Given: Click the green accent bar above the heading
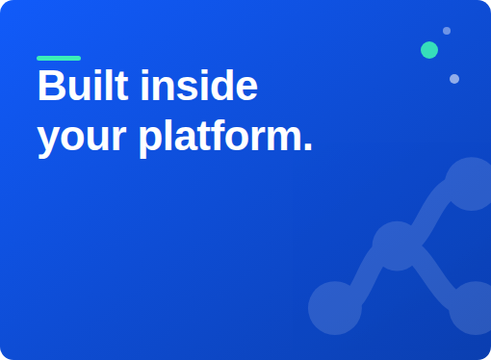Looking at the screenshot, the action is click(x=59, y=58).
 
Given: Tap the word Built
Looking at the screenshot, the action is click(x=83, y=86).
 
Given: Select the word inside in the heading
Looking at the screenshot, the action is click(x=199, y=86).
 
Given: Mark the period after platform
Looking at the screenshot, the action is click(x=308, y=146).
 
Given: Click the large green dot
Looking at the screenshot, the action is click(x=429, y=50).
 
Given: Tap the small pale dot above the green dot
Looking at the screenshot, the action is click(x=447, y=31).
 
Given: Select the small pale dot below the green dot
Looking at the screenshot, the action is click(x=454, y=79).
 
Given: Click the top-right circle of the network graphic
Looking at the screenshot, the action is click(x=472, y=184).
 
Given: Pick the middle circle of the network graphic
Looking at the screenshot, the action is click(x=397, y=246).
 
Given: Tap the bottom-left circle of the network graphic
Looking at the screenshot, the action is click(x=335, y=308).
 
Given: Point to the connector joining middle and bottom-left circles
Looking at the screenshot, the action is click(x=367, y=276).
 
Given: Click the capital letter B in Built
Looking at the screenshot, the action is click(x=50, y=86).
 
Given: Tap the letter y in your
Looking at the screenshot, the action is click(x=48, y=142).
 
